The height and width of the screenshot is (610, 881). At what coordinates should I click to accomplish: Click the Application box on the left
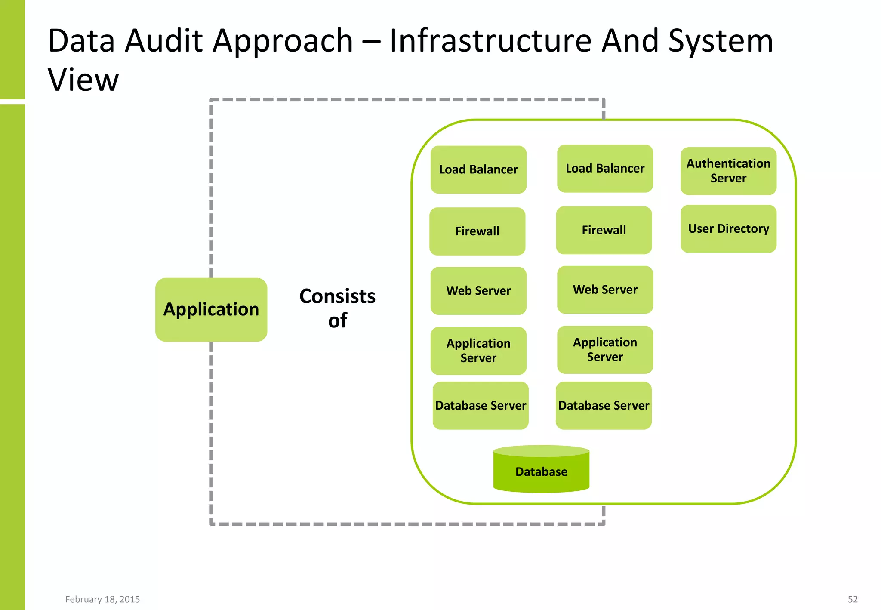click(211, 309)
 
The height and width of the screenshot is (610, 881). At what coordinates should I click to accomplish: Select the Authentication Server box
click(728, 171)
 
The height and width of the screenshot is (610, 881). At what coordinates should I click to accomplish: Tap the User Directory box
click(728, 228)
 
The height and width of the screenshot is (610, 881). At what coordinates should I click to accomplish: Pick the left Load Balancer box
click(478, 169)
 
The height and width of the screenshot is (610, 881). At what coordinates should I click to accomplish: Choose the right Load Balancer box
click(605, 168)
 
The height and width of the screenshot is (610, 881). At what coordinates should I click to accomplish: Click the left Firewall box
click(477, 231)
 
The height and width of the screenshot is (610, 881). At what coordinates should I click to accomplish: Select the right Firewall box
click(604, 230)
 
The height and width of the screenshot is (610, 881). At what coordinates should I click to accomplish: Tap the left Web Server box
click(478, 291)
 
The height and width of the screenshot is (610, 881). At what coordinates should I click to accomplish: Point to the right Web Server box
click(605, 290)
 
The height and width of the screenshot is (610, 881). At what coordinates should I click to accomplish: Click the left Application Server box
click(478, 351)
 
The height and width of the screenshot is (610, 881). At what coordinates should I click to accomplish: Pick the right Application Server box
click(605, 349)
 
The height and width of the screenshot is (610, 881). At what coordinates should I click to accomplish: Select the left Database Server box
click(481, 405)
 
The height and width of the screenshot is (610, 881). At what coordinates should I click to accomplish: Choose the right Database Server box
click(604, 405)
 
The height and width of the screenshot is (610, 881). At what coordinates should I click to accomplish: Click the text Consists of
click(337, 308)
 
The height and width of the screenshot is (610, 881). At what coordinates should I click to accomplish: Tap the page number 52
click(852, 599)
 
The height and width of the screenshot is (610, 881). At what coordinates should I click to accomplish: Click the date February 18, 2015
click(102, 599)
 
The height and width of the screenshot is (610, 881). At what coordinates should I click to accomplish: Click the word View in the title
click(83, 80)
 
